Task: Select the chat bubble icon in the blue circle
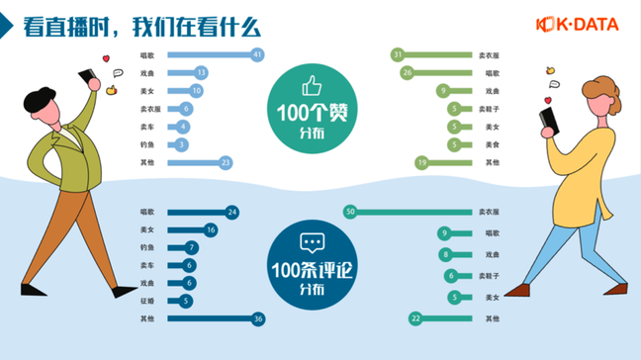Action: [x=313, y=242]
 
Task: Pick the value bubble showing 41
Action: [x=257, y=54]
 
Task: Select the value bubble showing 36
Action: [x=257, y=318]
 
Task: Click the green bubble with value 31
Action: [x=397, y=54]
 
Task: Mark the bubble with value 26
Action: [x=407, y=72]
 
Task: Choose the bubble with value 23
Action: [x=227, y=162]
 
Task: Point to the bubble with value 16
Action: [x=210, y=229]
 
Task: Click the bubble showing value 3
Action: [x=182, y=144]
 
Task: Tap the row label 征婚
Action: [x=146, y=301]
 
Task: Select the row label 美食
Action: [x=491, y=144]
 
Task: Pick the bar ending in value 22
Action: [x=445, y=318]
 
